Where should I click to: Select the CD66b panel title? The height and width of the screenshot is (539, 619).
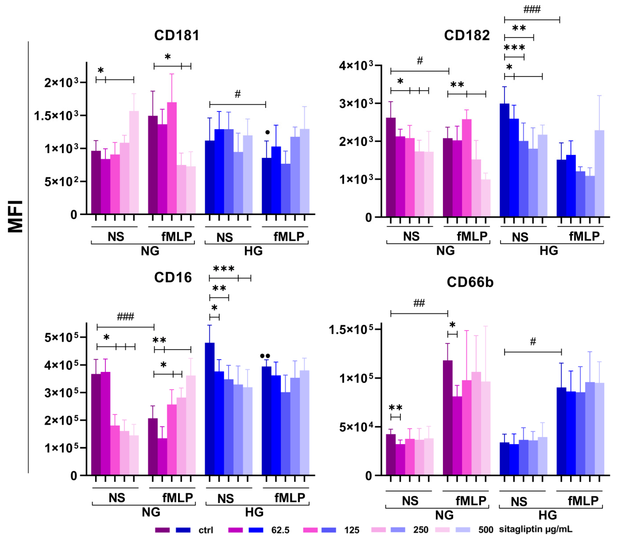click(470, 282)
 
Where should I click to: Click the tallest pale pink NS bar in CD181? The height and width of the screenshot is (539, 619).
click(134, 162)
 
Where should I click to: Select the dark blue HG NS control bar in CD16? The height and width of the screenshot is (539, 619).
click(210, 409)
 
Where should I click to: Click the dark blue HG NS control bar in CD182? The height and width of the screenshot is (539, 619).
click(504, 160)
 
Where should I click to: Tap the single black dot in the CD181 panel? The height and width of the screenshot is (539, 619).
click(267, 132)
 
